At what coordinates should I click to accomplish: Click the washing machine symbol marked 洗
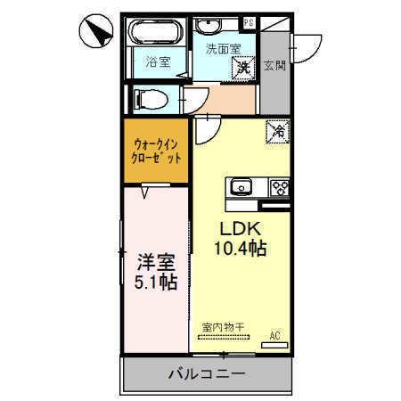(x=242, y=65)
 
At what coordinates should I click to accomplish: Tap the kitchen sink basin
(x=242, y=188)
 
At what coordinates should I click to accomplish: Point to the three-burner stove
(x=279, y=188)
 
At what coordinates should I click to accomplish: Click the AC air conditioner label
(x=277, y=336)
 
